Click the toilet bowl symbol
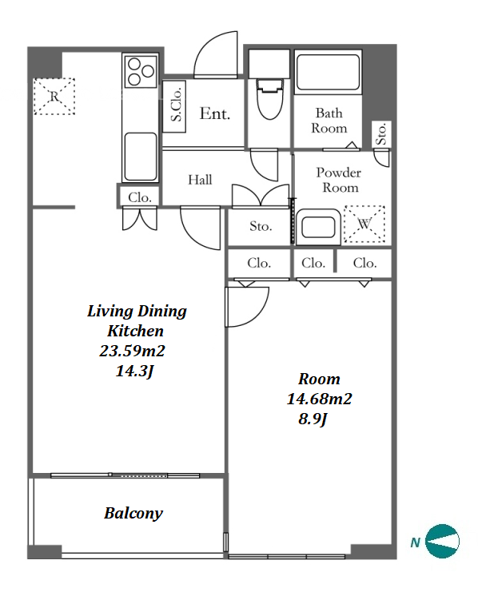point(270,99)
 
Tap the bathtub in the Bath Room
point(328,72)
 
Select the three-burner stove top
point(141,71)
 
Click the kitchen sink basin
point(141,157)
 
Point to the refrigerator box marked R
point(54,96)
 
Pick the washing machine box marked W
point(364,224)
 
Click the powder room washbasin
point(318,227)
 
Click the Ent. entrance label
point(215,113)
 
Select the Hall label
point(200,180)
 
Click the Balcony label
point(133,513)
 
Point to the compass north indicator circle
point(442,541)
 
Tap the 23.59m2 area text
point(132,351)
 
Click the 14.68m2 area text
point(320,399)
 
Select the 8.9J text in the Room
point(313,419)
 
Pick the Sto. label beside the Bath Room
point(381,133)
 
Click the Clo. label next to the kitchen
point(140,197)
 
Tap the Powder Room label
point(338,180)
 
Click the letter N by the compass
point(415,542)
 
